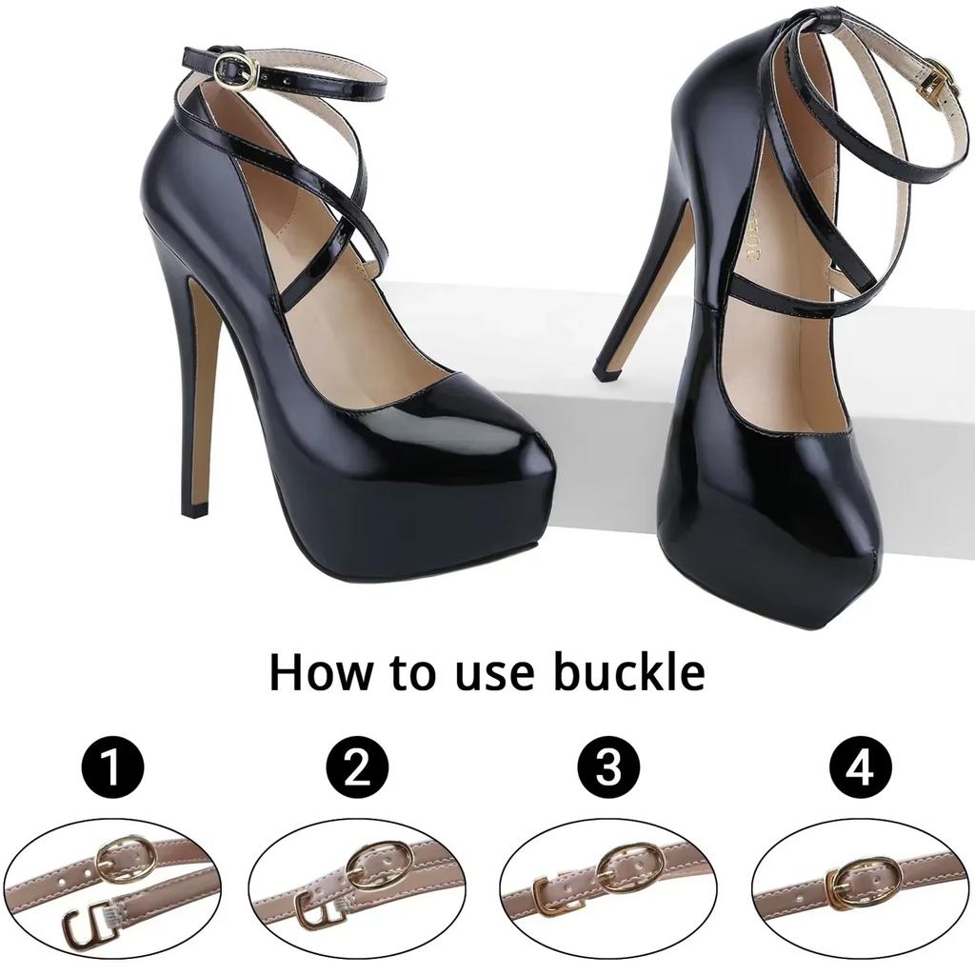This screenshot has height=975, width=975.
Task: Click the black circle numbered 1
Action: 111,767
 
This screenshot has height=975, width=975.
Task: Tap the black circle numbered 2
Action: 357,767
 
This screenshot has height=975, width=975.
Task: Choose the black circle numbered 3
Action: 608,767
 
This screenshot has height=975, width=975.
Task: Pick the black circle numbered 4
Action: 860,767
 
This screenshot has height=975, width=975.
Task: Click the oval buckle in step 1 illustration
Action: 127,860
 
